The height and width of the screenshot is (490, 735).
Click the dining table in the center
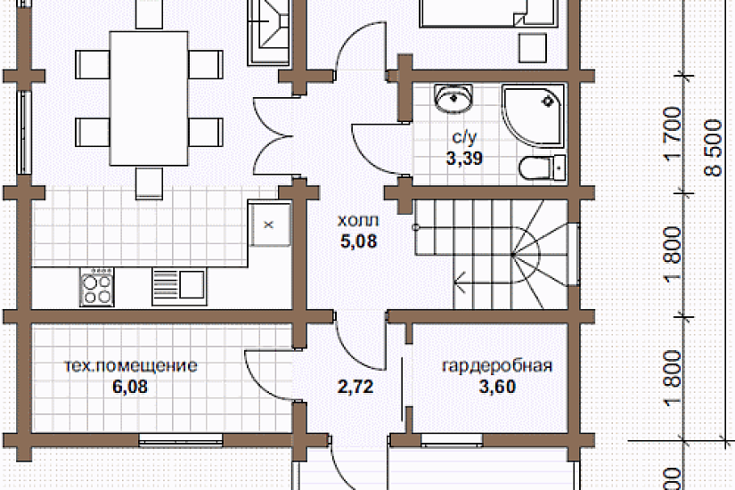[149, 98]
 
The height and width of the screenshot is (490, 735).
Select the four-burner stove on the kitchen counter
[98, 287]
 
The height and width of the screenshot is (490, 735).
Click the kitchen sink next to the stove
[178, 284]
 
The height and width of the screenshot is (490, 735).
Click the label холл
[357, 221]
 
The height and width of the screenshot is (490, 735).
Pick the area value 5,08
[357, 241]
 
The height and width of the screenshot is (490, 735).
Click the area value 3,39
[463, 159]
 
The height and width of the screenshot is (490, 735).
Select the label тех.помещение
[131, 366]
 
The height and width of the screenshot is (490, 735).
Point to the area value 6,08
[130, 387]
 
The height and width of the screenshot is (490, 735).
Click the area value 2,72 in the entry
[355, 387]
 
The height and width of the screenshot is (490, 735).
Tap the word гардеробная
[497, 366]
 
